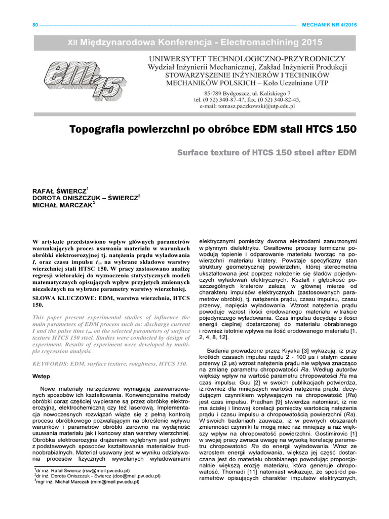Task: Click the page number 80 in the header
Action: (35, 24)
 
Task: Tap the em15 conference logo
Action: (84, 77)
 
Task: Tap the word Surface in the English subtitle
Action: (196, 153)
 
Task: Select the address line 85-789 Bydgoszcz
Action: (225, 93)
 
